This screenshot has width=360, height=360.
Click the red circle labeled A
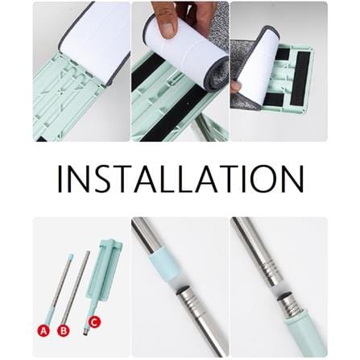coord(43,330)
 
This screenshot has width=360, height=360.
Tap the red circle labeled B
coord(64,330)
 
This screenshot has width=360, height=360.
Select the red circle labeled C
coord(94,322)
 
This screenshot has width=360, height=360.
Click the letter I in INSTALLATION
coord(60,179)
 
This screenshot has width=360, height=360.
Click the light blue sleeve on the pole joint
coord(164,267)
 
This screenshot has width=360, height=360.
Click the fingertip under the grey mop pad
coord(235,87)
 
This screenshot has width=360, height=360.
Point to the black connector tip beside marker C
coord(85,333)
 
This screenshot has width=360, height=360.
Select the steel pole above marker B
coord(76,288)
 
